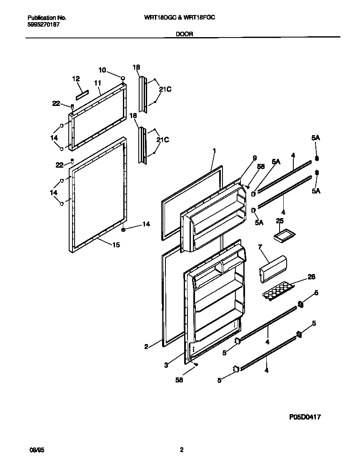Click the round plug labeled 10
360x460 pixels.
(123, 78)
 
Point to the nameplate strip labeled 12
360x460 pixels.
(82, 90)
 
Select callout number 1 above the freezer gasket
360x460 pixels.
(214, 150)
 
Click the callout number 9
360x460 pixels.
(255, 158)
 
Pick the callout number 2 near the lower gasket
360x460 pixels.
(146, 346)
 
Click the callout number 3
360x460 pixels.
(166, 365)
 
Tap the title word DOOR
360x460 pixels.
(184, 34)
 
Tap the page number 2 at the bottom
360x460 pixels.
(181, 450)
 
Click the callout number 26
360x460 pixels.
(311, 277)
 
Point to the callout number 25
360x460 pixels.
(280, 220)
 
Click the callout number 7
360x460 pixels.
(260, 247)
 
